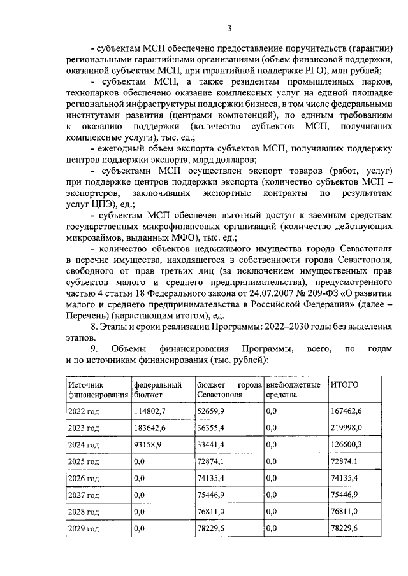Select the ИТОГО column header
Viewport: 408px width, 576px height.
[344, 385]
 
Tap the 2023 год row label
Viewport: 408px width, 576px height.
[83, 428]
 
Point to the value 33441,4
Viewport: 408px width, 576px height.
[214, 444]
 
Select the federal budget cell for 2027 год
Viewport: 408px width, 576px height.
[140, 495]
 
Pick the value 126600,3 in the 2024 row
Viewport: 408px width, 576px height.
[344, 444]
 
